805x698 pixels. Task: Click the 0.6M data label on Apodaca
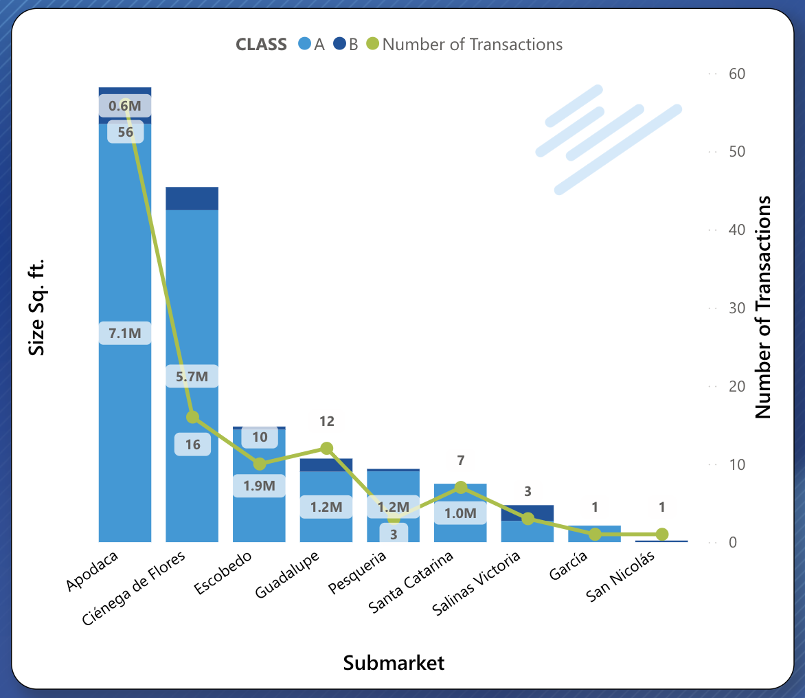(125, 106)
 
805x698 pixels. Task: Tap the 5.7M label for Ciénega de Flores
(192, 376)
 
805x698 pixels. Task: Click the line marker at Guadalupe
(326, 449)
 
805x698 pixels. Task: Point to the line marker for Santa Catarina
(461, 488)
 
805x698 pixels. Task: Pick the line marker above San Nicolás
(662, 534)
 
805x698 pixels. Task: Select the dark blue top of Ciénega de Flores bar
(192, 199)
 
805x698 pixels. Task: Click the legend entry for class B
(347, 45)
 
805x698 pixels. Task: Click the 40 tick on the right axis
(736, 230)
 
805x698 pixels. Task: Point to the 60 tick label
(736, 74)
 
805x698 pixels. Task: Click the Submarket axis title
(394, 663)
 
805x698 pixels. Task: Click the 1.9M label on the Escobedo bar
(259, 486)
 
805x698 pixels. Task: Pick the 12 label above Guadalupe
(326, 421)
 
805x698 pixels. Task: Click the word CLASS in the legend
(261, 45)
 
